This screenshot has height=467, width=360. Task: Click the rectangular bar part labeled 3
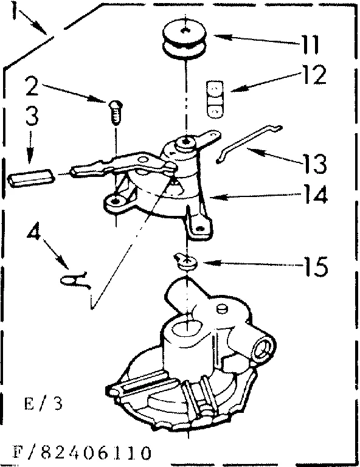(30, 178)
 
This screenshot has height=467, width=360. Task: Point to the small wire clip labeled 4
(76, 280)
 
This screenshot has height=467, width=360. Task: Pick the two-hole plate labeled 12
(213, 99)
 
